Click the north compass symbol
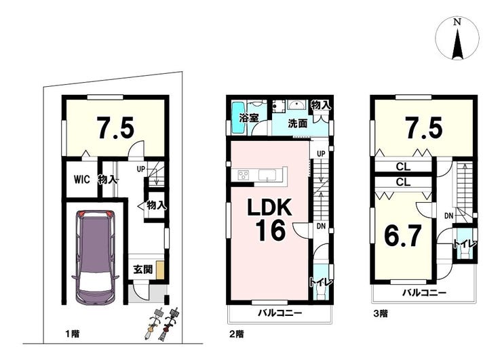(457, 39)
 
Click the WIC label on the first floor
(81, 180)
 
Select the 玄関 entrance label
(142, 270)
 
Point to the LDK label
(269, 207)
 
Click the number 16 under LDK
(270, 231)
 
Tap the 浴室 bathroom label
(249, 118)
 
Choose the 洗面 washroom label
(297, 123)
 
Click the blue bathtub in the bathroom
(238, 118)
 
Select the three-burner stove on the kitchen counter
(244, 176)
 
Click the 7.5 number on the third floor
(425, 127)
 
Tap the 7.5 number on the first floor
(115, 127)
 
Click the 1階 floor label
(73, 334)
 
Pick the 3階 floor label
(381, 314)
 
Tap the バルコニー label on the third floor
(424, 292)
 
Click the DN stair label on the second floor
(321, 226)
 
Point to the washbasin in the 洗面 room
(297, 105)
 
